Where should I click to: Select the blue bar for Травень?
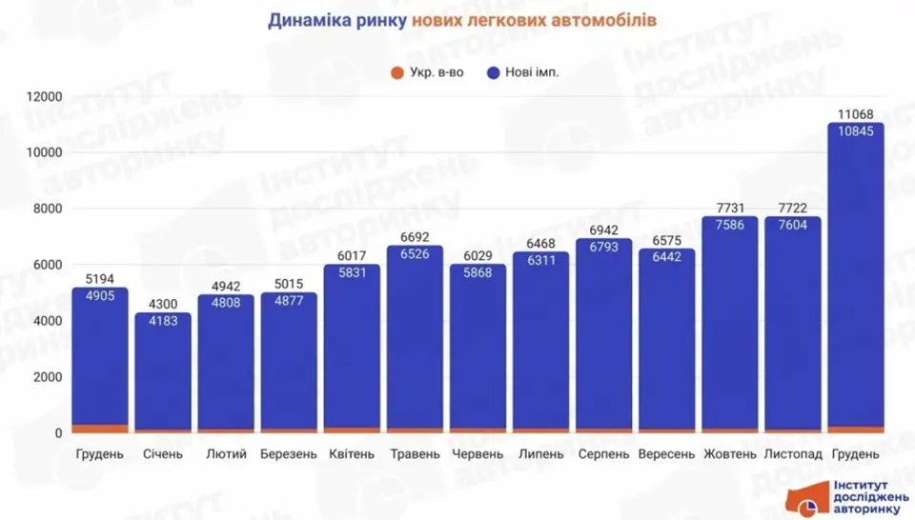(x=415, y=343)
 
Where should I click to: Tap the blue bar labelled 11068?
(x=855, y=286)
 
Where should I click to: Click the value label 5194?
(x=100, y=279)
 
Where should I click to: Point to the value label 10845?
(x=855, y=131)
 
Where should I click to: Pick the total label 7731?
(x=729, y=208)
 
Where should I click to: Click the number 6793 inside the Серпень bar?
(x=603, y=248)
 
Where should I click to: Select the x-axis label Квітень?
(x=352, y=454)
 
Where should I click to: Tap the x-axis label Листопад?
(x=793, y=454)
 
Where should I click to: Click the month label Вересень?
(x=666, y=454)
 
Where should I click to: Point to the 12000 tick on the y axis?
(x=44, y=96)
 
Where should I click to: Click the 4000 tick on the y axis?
(x=47, y=321)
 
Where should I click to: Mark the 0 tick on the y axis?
(x=58, y=433)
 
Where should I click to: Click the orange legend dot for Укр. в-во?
(x=396, y=73)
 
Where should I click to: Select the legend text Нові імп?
(x=533, y=73)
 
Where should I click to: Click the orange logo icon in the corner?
(x=806, y=500)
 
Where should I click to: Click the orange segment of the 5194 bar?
(x=100, y=429)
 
